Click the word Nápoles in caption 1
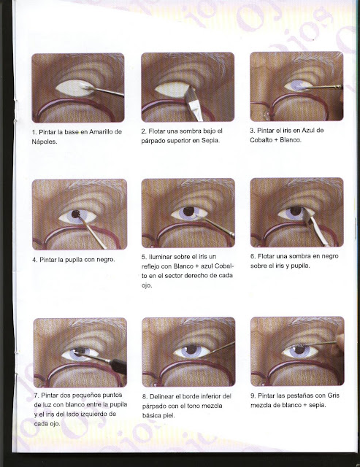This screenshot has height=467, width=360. pos(44,142)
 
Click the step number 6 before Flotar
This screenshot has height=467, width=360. pos(253,256)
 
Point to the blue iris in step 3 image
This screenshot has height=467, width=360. pos(298,85)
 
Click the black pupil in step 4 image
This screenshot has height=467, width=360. pos(76,214)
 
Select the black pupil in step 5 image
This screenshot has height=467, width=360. pos(188,212)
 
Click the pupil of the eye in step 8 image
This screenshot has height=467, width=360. pos(191,349)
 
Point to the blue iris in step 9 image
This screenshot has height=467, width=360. pos(300,350)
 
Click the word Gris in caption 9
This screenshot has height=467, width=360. pos(333,395)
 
